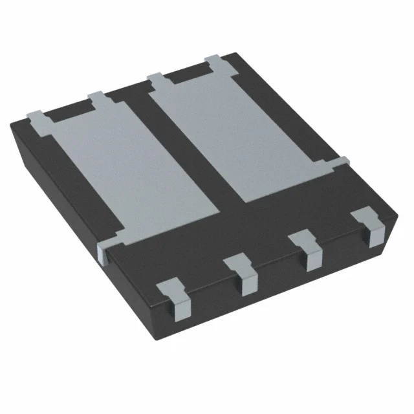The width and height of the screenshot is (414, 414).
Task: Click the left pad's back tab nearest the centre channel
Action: pos(97,98)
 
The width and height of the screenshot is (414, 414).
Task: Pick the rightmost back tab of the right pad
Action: pos(215,63)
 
